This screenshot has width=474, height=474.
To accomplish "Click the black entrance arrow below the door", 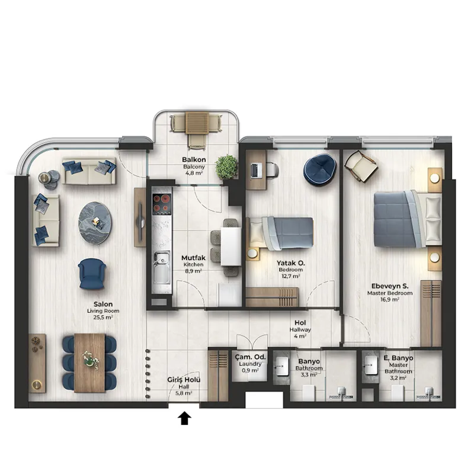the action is [184, 419].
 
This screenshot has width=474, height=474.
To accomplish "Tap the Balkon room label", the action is [194, 159].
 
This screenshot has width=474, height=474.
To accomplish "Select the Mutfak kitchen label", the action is [194, 258].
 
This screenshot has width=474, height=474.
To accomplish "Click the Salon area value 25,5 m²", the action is [103, 317].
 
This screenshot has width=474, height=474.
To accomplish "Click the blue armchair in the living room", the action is [92, 274].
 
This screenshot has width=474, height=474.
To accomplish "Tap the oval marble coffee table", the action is [95, 223].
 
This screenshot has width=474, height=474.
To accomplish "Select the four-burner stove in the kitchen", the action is [162, 203].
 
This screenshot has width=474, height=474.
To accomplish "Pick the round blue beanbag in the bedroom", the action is [320, 169].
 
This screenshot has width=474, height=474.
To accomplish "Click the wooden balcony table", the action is [197, 123].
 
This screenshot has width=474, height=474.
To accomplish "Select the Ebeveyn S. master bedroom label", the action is [390, 286].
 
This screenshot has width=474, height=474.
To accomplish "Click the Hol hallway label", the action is [300, 323].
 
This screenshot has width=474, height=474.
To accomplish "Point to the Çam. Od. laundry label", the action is [250, 357].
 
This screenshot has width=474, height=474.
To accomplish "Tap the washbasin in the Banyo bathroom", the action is [283, 366].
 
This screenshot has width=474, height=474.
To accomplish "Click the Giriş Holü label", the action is [184, 380].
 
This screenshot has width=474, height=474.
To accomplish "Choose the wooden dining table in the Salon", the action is [90, 363].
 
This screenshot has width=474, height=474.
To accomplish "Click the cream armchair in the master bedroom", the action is [361, 166].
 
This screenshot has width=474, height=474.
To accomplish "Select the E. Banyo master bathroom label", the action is [398, 358].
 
